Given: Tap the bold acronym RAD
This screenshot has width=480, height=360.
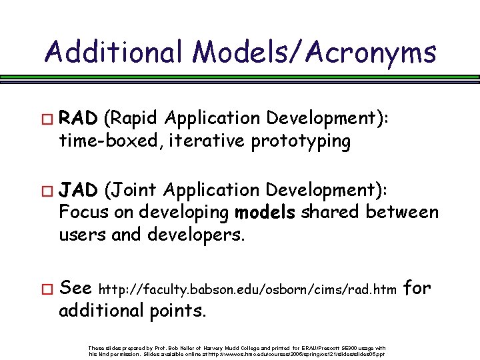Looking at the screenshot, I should pos(79,119).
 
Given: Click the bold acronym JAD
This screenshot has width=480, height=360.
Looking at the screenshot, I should pos(79,191).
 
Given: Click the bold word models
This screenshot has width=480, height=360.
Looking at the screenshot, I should pos(266,213).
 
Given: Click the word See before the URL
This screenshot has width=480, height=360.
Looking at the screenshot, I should pos(75,288).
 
